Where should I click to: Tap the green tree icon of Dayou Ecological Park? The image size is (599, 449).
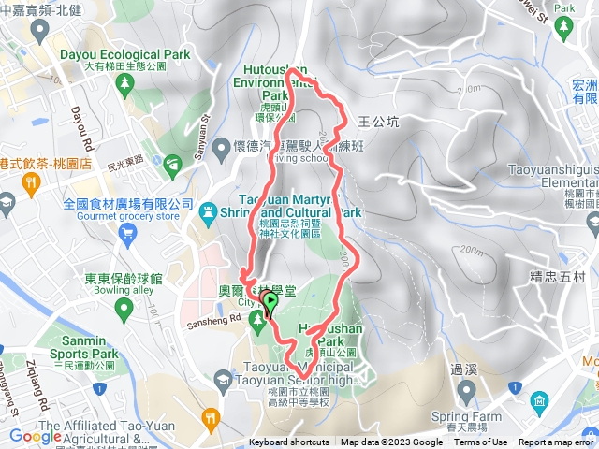(124, 83)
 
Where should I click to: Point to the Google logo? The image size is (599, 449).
(36, 436)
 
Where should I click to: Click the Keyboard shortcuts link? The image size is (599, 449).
(288, 442)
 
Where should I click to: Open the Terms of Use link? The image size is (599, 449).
(481, 442)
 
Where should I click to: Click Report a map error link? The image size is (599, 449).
(556, 442)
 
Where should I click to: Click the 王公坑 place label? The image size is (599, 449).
(379, 122)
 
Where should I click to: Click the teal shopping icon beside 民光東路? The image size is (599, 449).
(172, 166)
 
